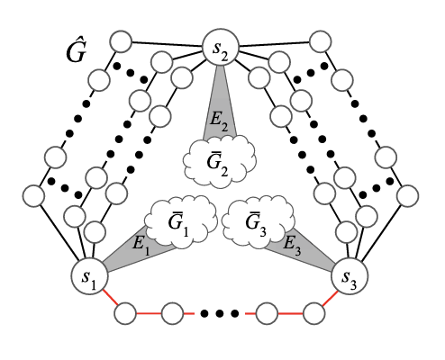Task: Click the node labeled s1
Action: (89, 276)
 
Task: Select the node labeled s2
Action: (221, 47)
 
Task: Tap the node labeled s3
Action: (350, 276)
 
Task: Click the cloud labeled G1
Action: (181, 222)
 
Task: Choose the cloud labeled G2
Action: (220, 161)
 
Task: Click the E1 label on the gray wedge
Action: (141, 245)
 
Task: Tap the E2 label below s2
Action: (219, 121)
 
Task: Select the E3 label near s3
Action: (292, 245)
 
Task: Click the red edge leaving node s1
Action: (110, 298)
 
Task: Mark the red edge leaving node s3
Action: (330, 298)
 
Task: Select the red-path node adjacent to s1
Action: (125, 313)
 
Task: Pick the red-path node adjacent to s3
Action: (314, 313)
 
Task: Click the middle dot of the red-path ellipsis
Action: (220, 314)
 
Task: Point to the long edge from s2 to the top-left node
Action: (168, 45)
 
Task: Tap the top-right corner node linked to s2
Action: (321, 41)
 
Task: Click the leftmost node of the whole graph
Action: (33, 196)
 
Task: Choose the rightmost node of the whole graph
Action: (407, 196)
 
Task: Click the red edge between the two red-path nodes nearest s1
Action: (149, 314)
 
